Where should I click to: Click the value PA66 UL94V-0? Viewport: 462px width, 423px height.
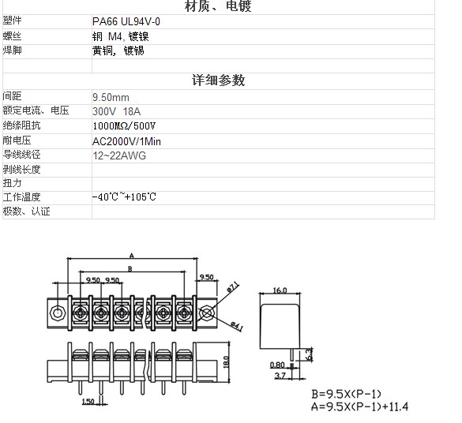pyautogui.click(x=126, y=21)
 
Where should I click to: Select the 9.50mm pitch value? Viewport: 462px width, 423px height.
pyautogui.click(x=111, y=97)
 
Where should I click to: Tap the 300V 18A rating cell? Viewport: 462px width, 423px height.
pyautogui.click(x=116, y=111)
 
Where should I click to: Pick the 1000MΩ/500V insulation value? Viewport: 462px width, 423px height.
pyautogui.click(x=124, y=126)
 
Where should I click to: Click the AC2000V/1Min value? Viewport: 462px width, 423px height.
pyautogui.click(x=126, y=141)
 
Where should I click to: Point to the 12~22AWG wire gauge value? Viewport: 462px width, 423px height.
pyautogui.click(x=119, y=155)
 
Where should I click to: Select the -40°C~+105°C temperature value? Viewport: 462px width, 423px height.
pyautogui.click(x=124, y=197)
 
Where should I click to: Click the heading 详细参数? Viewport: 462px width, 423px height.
pyautogui.click(x=218, y=80)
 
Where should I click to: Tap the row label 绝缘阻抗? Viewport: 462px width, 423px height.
pyautogui.click(x=21, y=125)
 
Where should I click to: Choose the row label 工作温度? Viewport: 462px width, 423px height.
pyautogui.click(x=21, y=197)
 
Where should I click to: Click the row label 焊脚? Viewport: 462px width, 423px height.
pyautogui.click(x=13, y=51)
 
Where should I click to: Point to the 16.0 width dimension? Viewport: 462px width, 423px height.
pyautogui.click(x=280, y=290)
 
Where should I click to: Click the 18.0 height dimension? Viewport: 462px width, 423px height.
pyautogui.click(x=226, y=361)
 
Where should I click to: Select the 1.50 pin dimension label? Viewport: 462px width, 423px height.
pyautogui.click(x=88, y=402)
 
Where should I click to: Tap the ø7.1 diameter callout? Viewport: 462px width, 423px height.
pyautogui.click(x=233, y=287)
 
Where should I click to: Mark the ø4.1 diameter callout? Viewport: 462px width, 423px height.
pyautogui.click(x=237, y=327)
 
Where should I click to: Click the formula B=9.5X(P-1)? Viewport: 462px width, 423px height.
pyautogui.click(x=346, y=394)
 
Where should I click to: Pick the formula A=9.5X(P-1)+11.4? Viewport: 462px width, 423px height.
pyautogui.click(x=360, y=406)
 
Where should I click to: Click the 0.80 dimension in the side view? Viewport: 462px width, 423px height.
pyautogui.click(x=277, y=365)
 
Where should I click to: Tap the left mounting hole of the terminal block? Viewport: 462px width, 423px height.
pyautogui.click(x=56, y=313)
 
